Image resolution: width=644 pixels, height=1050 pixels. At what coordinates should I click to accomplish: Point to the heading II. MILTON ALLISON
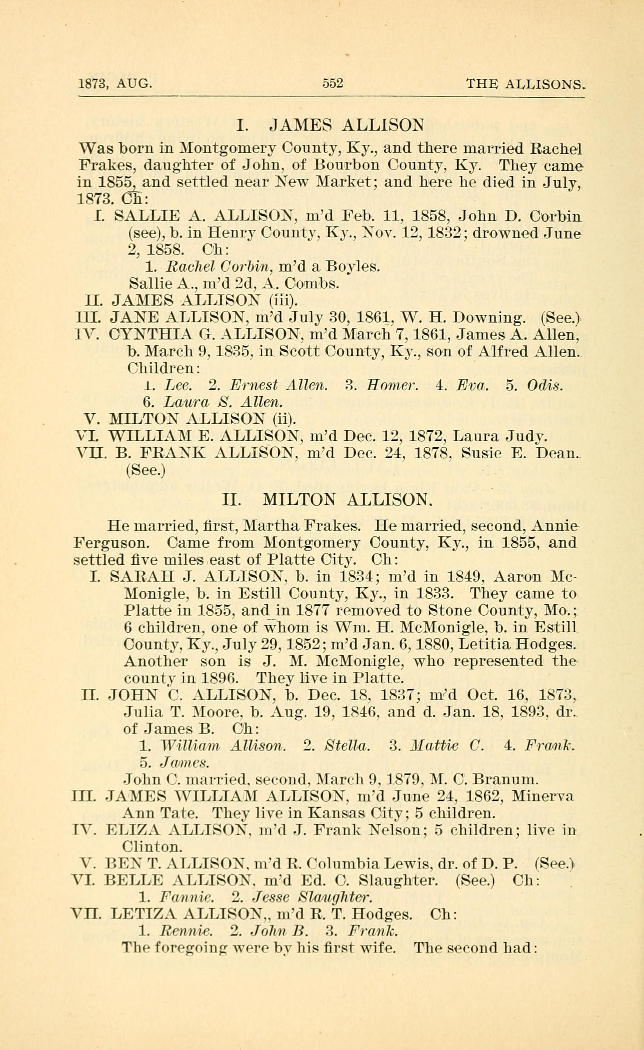[328, 499]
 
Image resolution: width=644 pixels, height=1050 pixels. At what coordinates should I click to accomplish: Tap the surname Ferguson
[111, 543]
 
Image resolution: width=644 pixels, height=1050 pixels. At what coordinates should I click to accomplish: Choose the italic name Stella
[347, 746]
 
